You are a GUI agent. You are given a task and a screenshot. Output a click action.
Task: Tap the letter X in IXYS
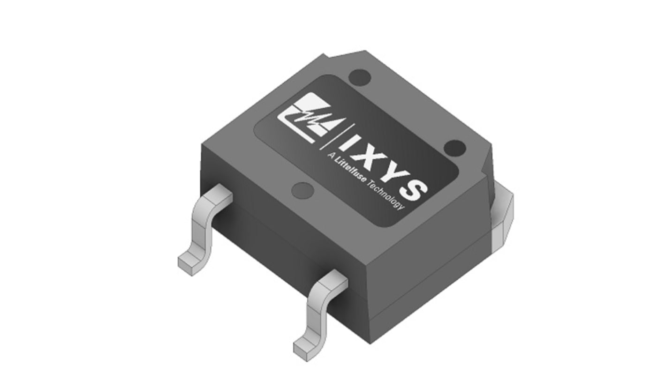tap(367, 159)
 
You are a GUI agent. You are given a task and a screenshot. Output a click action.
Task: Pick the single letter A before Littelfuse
tap(331, 156)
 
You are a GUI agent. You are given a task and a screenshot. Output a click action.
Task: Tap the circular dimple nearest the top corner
tap(359, 78)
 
